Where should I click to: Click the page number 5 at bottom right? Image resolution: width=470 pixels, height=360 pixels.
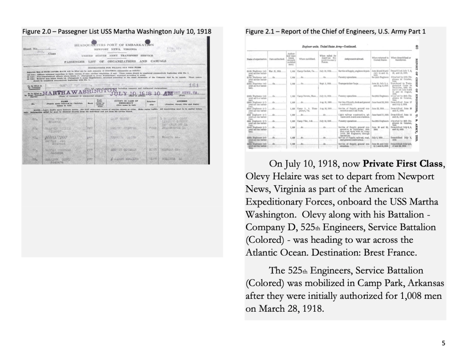tap(443, 343)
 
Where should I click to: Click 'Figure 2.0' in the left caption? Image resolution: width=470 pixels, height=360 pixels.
tap(40, 31)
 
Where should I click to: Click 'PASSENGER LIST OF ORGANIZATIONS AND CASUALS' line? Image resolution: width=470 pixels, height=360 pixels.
tap(115, 61)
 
